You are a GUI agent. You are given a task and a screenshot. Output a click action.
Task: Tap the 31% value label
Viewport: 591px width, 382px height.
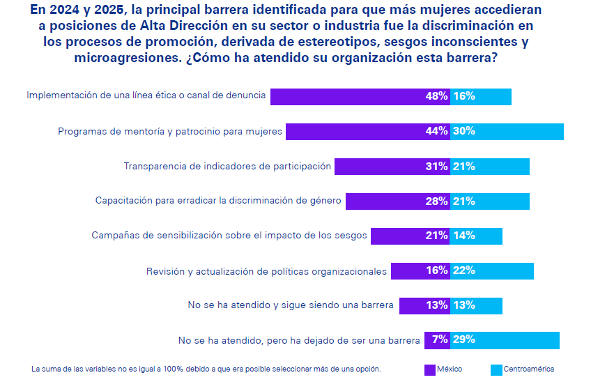click(436, 167)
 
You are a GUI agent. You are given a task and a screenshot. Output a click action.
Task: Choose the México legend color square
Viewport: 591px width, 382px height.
click(429, 369)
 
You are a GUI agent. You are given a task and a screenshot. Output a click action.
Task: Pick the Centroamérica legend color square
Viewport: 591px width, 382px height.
click(496, 369)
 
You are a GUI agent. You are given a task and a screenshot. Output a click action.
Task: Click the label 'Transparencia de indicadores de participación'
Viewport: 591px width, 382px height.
click(227, 167)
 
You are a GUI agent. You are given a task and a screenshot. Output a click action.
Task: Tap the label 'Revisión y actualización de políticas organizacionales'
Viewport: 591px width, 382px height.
click(266, 271)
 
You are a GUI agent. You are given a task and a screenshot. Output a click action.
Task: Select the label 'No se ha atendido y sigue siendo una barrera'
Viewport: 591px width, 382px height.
click(291, 305)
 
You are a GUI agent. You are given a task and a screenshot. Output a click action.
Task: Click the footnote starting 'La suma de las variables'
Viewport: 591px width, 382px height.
click(206, 369)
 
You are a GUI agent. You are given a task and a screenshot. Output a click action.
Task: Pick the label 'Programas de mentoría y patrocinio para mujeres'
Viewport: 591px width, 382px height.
click(170, 131)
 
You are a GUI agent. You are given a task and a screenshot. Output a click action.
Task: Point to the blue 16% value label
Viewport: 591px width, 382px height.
click(464, 97)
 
